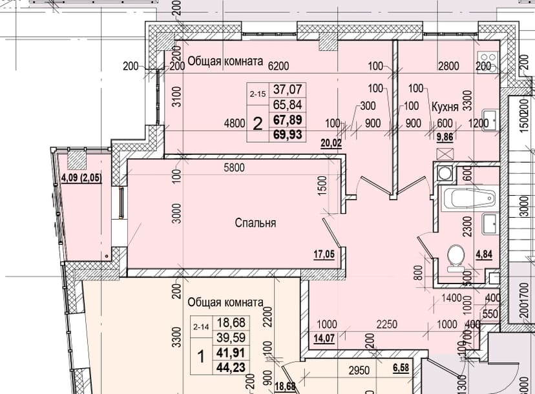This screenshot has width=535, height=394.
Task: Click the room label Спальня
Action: (x=255, y=223)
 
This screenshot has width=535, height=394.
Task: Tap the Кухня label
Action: (x=445, y=107)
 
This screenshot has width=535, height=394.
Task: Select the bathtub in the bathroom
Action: (x=470, y=198)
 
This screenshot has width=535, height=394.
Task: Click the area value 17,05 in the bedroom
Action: (x=324, y=254)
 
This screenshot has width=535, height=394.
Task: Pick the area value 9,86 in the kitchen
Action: (x=445, y=137)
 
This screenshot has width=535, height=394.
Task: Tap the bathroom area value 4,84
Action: (x=484, y=254)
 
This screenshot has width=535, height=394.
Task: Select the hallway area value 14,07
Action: (x=324, y=338)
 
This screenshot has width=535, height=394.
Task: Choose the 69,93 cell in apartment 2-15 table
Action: (x=288, y=135)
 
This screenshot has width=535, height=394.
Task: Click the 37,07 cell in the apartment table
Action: (x=288, y=90)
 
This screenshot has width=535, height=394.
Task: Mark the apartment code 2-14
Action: (x=201, y=327)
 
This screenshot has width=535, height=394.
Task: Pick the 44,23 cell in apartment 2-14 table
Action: (x=231, y=368)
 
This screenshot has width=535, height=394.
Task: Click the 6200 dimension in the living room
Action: (x=278, y=65)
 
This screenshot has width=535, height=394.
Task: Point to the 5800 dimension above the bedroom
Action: (x=234, y=167)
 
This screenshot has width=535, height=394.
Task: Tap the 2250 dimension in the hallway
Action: (x=386, y=324)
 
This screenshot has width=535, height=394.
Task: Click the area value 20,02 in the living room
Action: (x=331, y=143)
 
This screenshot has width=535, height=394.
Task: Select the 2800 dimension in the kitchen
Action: (x=448, y=65)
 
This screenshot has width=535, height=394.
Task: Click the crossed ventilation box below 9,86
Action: (x=445, y=154)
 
